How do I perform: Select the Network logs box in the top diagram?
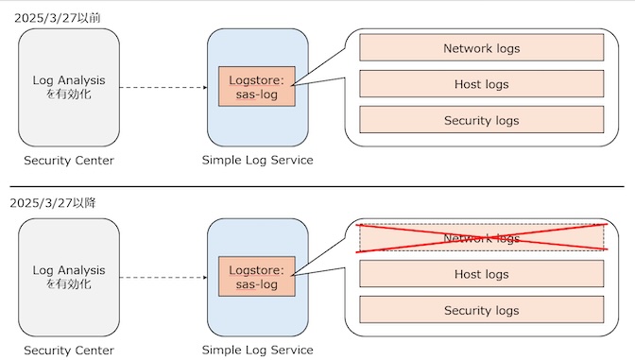tap(481, 48)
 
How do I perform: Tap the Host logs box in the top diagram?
tap(481, 84)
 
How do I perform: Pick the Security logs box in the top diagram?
tap(481, 120)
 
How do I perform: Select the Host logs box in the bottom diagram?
tap(481, 274)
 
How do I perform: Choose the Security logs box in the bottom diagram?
tap(481, 310)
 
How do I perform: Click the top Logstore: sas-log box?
tap(257, 87)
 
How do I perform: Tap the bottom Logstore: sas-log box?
tap(257, 277)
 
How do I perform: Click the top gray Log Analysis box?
tap(69, 87)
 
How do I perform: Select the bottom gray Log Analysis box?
tap(69, 277)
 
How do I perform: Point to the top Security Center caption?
tap(69, 160)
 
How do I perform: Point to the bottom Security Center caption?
tap(69, 350)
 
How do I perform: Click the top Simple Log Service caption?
tap(257, 160)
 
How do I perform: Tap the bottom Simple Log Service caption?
tap(257, 350)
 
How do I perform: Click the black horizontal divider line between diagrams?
tap(317, 186)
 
